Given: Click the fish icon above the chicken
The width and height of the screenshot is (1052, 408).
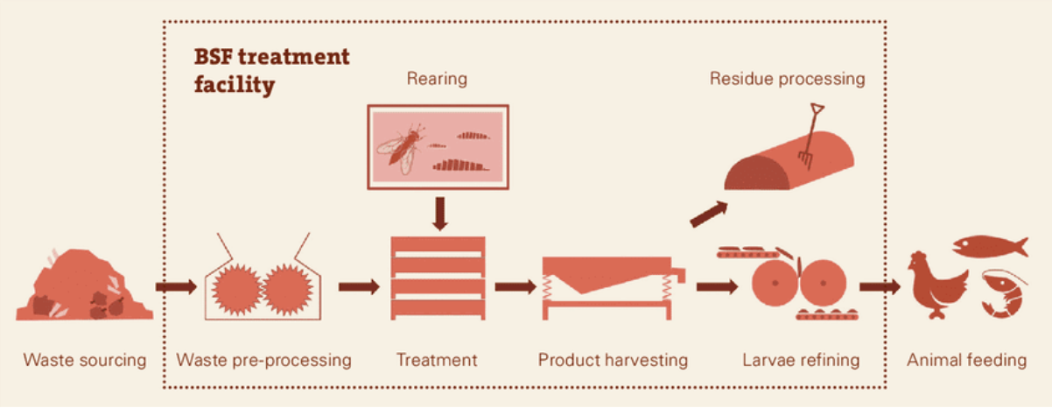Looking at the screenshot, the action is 990,246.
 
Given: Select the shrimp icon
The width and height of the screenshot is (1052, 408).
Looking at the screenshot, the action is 1003,294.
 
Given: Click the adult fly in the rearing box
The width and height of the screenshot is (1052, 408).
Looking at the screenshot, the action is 402,147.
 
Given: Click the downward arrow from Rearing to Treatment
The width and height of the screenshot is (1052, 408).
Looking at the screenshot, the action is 439,214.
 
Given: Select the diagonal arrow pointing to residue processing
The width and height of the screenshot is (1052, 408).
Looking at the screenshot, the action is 709,215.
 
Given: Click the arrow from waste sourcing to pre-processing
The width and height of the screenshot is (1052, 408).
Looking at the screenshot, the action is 176,286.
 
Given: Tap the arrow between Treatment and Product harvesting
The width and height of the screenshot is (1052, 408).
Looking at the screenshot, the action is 515,286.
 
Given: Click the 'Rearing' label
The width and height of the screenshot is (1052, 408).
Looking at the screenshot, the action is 437,79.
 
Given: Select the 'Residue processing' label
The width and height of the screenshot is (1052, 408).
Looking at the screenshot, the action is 787,79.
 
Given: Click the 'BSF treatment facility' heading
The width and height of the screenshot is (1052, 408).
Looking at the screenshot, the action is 271,71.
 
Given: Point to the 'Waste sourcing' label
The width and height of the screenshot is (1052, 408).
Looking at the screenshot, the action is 85,360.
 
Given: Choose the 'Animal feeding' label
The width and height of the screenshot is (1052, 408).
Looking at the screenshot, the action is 966,360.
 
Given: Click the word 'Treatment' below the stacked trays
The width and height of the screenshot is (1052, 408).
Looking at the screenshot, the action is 437,360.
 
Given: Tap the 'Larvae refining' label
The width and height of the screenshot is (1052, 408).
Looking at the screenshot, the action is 801,360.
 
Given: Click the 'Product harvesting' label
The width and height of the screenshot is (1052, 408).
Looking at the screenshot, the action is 613,360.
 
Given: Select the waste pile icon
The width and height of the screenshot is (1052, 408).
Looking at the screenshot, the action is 85,285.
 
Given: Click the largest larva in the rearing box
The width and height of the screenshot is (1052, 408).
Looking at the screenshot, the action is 461,165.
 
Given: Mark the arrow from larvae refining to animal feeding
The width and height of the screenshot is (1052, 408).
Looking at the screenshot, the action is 880,286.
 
